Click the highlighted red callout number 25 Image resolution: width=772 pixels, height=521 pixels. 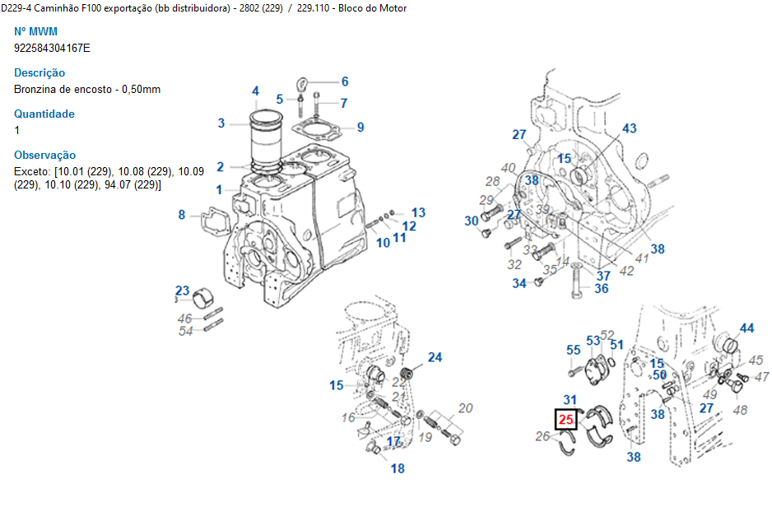click(566, 419)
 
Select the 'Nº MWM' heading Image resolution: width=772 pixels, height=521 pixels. click(35, 31)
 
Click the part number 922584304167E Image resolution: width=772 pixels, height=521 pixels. click(52, 49)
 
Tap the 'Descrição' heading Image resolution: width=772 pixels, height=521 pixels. click(40, 73)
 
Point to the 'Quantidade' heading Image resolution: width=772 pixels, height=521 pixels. click(44, 114)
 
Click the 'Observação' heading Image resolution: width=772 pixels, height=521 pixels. click(44, 155)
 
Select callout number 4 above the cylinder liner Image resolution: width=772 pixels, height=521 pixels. click(255, 91)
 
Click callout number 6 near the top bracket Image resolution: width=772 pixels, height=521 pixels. click(345, 81)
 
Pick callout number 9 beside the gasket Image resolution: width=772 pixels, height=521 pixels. click(360, 128)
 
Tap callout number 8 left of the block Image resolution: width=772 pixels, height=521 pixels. click(182, 215)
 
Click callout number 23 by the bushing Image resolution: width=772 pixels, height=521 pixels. click(182, 291)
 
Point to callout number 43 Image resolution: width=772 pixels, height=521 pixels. click(630, 128)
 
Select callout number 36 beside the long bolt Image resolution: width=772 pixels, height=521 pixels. click(602, 289)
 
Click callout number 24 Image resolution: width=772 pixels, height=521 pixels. click(435, 357)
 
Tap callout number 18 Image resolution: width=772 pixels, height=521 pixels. click(398, 468)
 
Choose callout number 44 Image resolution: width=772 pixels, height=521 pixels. click(746, 328)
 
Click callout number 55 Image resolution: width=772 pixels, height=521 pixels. click(574, 350)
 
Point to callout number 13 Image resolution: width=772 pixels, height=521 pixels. click(418, 212)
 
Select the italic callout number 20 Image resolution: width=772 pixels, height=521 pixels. click(465, 408)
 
